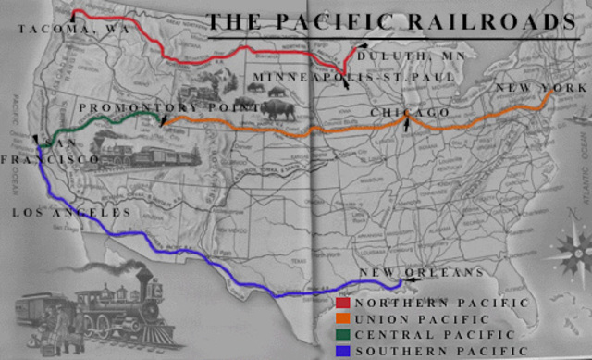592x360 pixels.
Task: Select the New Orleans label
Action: click(x=421, y=272)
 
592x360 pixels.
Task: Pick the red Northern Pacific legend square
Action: click(x=342, y=303)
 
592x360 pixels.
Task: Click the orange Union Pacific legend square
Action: click(x=342, y=318)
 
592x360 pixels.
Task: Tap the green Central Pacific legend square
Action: click(x=342, y=334)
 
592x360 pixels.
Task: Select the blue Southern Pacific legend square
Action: click(x=342, y=350)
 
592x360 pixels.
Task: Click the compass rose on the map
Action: click(x=566, y=250)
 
